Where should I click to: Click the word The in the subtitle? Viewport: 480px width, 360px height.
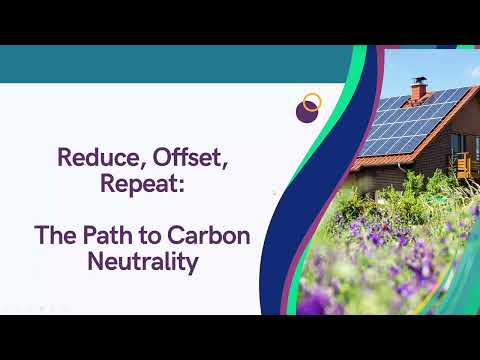click(x=55, y=235)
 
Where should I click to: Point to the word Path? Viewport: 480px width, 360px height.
click(x=107, y=235)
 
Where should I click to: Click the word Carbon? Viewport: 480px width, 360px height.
click(x=209, y=235)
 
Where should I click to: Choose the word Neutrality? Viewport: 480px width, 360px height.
click(x=143, y=262)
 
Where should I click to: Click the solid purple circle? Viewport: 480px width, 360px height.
click(x=306, y=112)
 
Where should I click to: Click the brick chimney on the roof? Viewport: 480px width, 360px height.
click(x=418, y=91)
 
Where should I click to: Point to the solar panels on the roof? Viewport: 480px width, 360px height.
click(x=413, y=121)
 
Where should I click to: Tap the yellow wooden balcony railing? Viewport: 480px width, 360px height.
click(x=468, y=165)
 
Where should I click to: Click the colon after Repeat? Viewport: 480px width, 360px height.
click(x=181, y=186)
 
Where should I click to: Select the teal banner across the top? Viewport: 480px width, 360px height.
click(x=173, y=64)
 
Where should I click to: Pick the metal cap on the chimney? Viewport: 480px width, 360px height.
click(x=419, y=80)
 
